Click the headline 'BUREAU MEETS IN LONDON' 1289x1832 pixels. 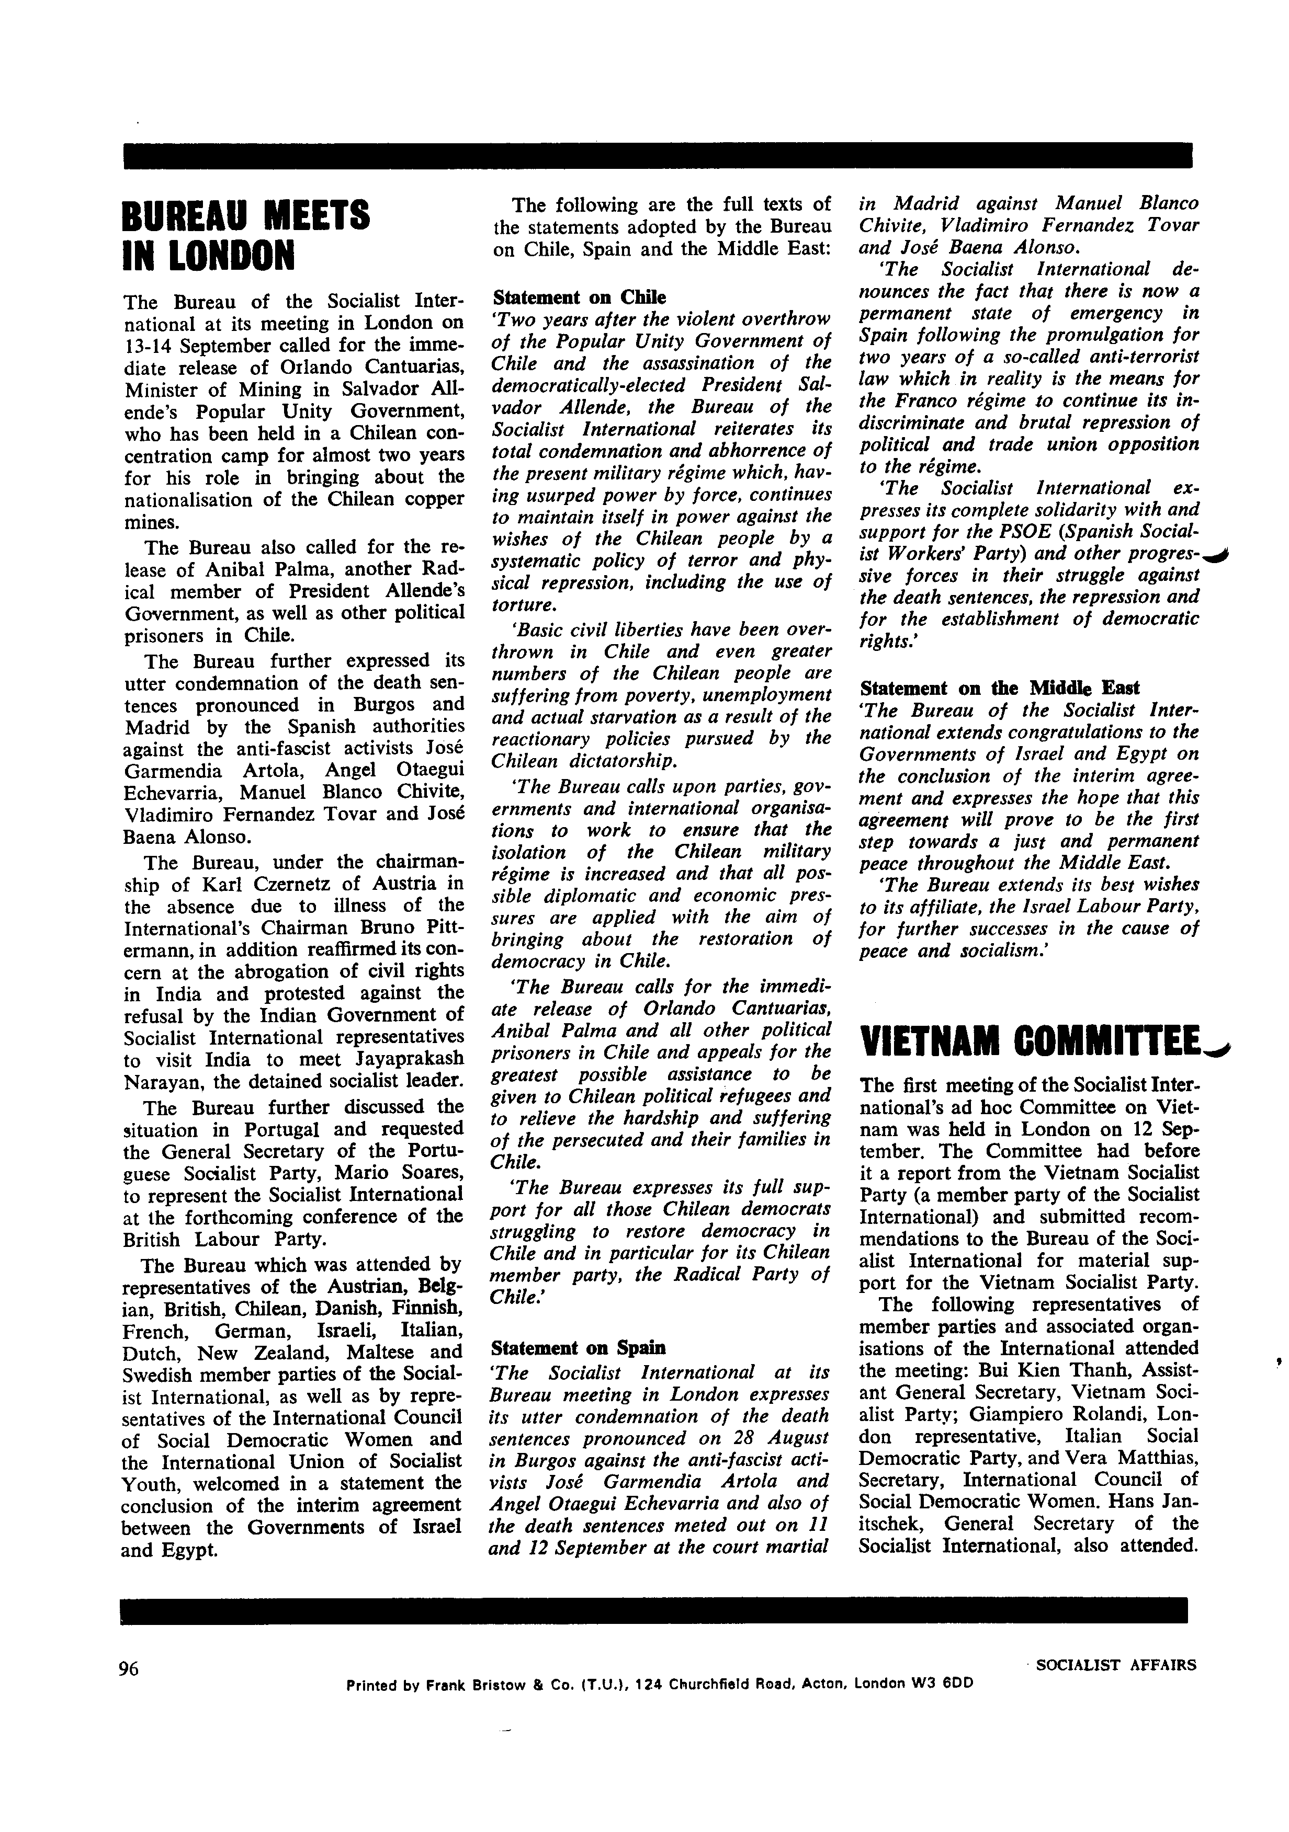(246, 235)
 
